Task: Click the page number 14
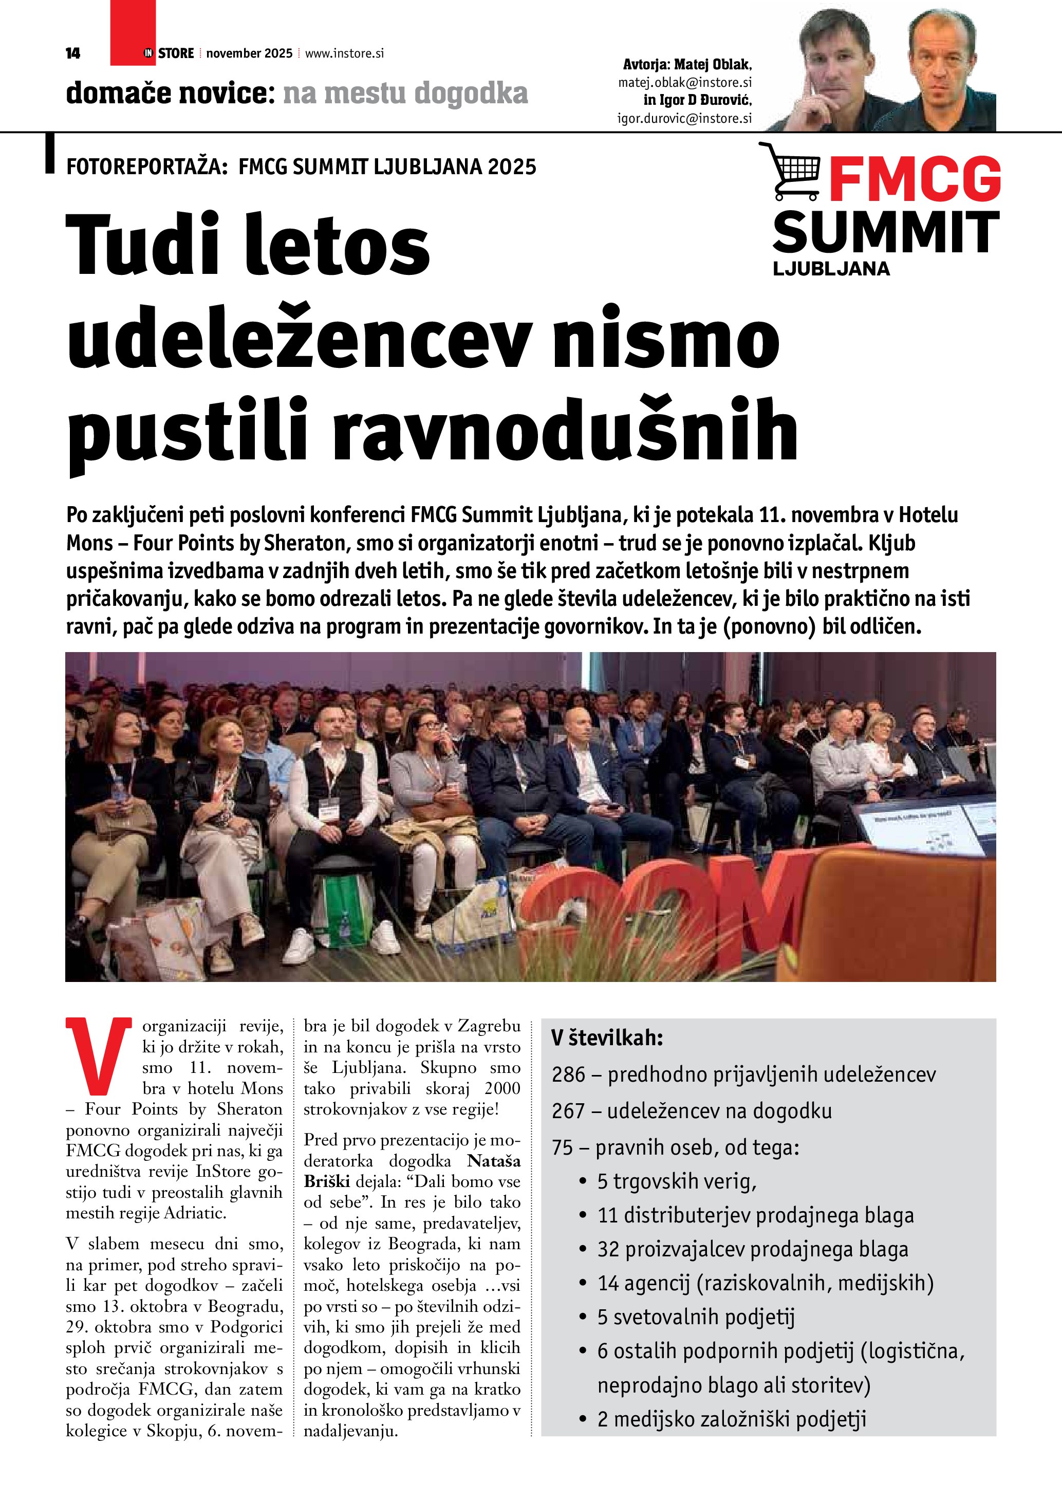click(72, 53)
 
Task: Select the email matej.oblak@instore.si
click(685, 83)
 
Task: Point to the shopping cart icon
click(789, 172)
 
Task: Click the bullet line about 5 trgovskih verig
click(676, 1181)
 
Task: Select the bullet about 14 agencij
click(765, 1283)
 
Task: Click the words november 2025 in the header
click(249, 53)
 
